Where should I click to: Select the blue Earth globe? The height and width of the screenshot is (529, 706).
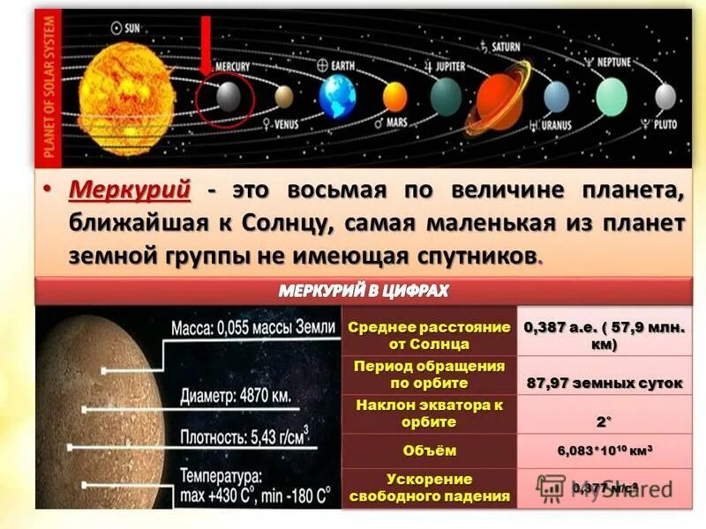[x=337, y=96]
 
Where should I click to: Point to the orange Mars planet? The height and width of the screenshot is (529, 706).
[x=394, y=96]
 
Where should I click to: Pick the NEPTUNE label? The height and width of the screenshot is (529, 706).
[x=615, y=63]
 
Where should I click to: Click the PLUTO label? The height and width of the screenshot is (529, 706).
[x=665, y=124]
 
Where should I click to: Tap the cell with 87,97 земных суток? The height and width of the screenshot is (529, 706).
[x=605, y=384]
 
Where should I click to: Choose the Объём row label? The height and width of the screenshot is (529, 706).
[x=429, y=451]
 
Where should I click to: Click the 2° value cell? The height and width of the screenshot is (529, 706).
[x=605, y=421]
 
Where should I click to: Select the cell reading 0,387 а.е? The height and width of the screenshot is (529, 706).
[x=605, y=335]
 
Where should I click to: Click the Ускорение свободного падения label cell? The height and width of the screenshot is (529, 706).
[x=429, y=488]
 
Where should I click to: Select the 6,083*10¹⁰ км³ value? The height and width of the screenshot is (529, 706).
[x=605, y=451]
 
